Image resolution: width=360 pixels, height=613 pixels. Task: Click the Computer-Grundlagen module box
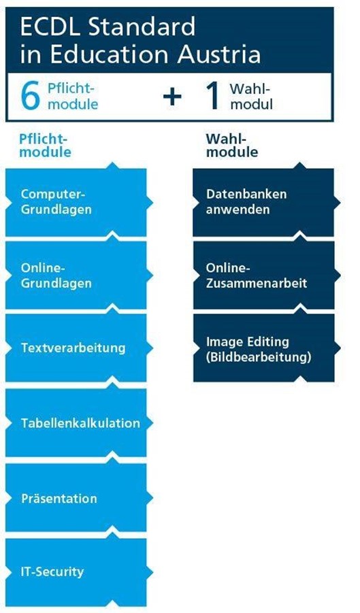point(76,203)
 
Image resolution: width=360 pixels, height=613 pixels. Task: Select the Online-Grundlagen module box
point(76,276)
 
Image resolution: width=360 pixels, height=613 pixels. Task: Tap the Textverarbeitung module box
point(76,348)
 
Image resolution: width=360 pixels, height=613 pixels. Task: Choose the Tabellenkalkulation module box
point(76,423)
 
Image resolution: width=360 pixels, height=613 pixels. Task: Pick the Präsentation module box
point(76,498)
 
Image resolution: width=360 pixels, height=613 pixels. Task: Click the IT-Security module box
point(76,572)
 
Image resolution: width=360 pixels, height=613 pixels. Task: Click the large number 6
point(30,96)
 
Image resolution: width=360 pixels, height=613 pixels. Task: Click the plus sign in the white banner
point(172,97)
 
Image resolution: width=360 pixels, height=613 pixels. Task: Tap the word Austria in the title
point(219,54)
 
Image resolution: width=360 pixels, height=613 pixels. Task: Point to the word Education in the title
point(111,54)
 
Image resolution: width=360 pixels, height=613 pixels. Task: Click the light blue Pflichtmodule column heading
point(46,146)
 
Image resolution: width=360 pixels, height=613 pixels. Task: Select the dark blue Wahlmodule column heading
point(232,146)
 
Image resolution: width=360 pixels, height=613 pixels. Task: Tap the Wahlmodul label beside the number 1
point(251,97)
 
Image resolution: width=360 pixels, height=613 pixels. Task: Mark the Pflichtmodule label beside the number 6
point(73,97)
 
